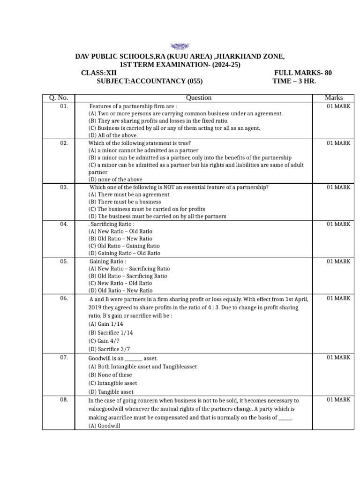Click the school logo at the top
pos(180,46)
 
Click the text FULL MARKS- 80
pos(303,73)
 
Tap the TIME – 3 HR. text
pos(294,81)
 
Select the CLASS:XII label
pos(98,73)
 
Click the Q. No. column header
pos(59,98)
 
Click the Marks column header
pos(333,98)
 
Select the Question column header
pos(198,98)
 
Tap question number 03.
pos(64,187)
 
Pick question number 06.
pos(64,298)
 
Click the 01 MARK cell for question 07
pos(338,358)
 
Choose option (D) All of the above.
pos(113,135)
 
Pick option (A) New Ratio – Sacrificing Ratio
pos(129,269)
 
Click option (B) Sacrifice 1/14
pos(111,332)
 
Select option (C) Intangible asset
pos(112,383)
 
